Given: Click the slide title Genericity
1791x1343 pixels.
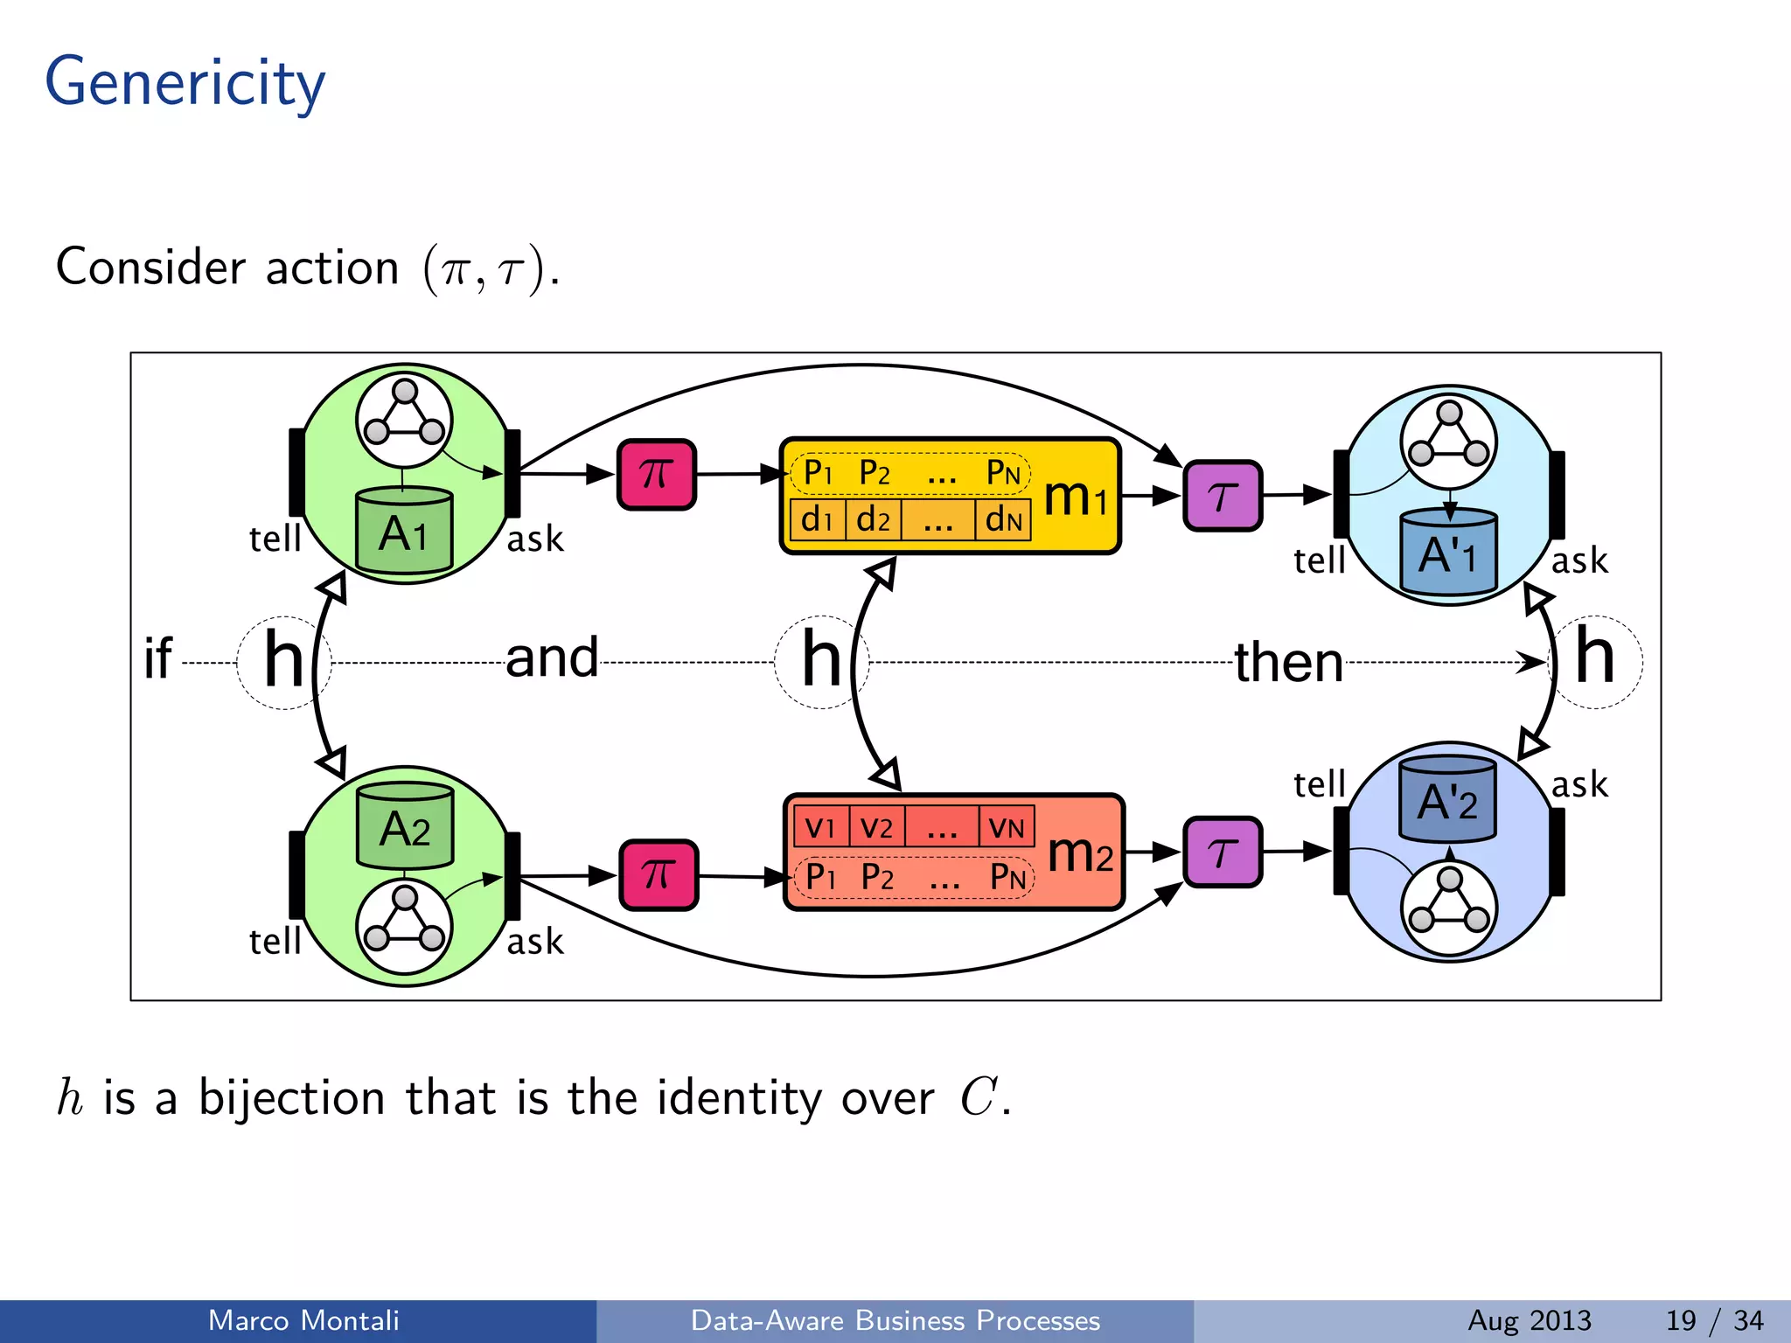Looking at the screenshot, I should click(185, 83).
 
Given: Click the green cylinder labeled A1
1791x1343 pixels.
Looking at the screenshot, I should click(404, 532).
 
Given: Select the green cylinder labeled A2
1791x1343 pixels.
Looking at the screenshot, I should click(405, 826).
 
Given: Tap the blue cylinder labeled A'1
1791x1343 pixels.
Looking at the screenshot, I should click(1448, 553).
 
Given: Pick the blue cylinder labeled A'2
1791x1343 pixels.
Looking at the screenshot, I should click(1447, 800).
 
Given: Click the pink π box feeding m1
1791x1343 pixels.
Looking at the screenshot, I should click(657, 475).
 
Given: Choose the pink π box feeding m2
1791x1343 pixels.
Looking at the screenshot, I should click(659, 875).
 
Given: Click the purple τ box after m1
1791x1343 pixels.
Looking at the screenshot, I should click(1222, 496).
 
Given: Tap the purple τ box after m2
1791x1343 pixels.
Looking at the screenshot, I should click(1222, 852).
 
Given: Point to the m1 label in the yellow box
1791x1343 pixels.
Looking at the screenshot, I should click(1076, 497).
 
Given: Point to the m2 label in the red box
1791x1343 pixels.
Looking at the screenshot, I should click(1080, 853).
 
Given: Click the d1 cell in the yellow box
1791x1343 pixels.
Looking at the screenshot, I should click(817, 519).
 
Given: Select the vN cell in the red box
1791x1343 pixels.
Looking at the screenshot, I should click(1007, 827).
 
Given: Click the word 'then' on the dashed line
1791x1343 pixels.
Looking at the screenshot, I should click(1288, 662).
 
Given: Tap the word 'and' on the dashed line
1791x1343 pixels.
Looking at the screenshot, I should click(552, 658).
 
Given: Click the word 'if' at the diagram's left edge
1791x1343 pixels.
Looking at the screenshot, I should click(158, 658).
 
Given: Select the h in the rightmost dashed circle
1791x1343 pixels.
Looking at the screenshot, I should click(1594, 658).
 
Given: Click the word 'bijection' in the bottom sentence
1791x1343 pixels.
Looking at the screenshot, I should click(291, 1098).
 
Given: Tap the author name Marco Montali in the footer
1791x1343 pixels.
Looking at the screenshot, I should click(303, 1320).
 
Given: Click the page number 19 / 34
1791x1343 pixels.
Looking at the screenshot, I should click(1714, 1320).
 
